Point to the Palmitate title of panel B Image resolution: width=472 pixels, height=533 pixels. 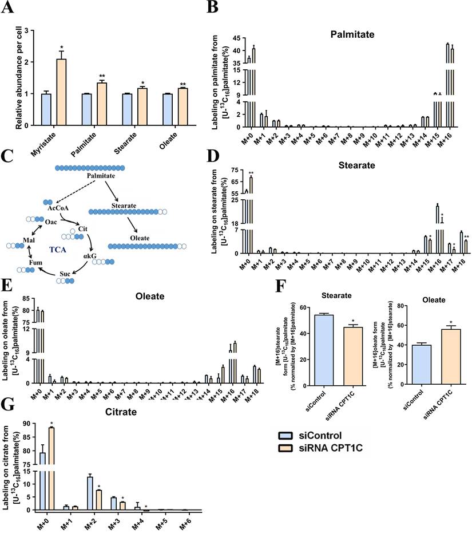tap(349, 35)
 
